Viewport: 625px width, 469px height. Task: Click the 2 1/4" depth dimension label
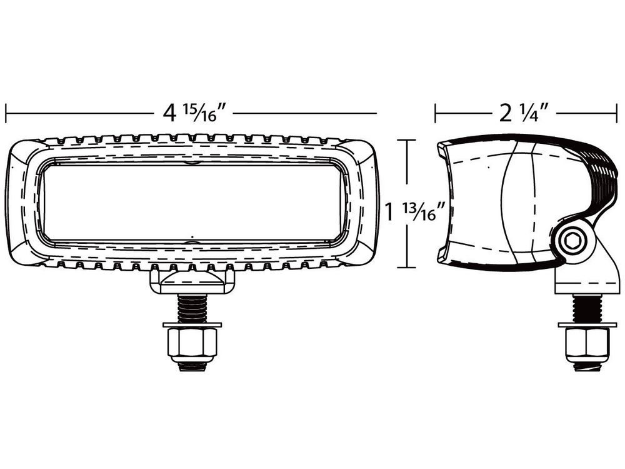click(524, 113)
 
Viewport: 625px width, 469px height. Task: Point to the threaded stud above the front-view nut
click(192, 308)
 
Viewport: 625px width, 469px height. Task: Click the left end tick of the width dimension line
click(6, 113)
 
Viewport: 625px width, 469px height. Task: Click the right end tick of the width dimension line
click(377, 113)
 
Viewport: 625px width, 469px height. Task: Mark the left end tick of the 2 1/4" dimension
click(436, 113)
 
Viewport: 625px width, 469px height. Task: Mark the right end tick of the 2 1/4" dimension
click(617, 113)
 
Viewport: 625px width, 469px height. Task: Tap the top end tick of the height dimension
click(407, 141)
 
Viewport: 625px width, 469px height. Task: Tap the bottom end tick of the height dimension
click(407, 268)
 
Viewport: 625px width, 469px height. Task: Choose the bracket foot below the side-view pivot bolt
click(584, 278)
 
